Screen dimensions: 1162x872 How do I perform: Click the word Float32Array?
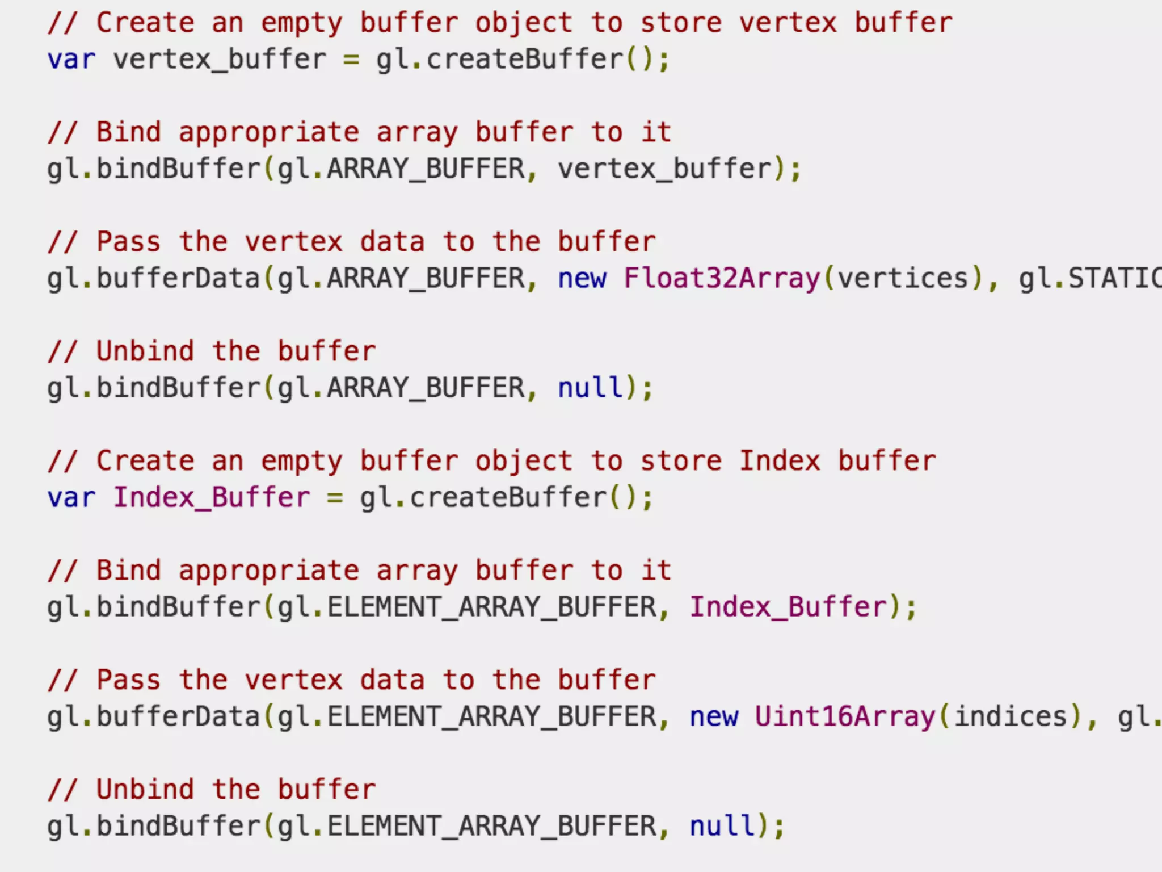[x=722, y=278]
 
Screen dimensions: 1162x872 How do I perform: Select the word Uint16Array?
[x=844, y=716]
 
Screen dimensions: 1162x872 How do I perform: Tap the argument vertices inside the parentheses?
[x=903, y=278]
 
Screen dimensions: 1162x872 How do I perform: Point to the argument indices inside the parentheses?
[x=1011, y=716]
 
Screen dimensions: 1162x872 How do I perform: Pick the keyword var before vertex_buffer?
[x=71, y=60]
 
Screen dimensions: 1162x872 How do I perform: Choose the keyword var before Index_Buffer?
[x=71, y=498]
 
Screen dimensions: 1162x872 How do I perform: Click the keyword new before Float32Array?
[x=582, y=278]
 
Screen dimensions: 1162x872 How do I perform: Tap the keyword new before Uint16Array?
[x=714, y=716]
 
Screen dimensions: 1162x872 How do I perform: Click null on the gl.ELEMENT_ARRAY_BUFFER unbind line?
[x=722, y=826]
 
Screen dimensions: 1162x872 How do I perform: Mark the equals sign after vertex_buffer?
[x=351, y=60]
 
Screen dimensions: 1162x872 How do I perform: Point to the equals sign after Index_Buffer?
[x=335, y=498]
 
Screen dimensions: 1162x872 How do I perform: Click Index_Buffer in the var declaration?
[x=212, y=498]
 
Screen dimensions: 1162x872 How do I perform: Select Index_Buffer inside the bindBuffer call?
[x=788, y=607]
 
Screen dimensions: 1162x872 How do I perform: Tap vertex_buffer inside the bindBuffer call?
[x=664, y=169]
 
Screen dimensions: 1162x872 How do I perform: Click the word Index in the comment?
[x=780, y=460]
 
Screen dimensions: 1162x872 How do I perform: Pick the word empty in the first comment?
[x=301, y=23]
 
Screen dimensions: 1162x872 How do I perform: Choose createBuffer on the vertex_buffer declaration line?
[x=524, y=60]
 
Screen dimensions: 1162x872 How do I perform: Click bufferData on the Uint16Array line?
[x=178, y=716]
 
